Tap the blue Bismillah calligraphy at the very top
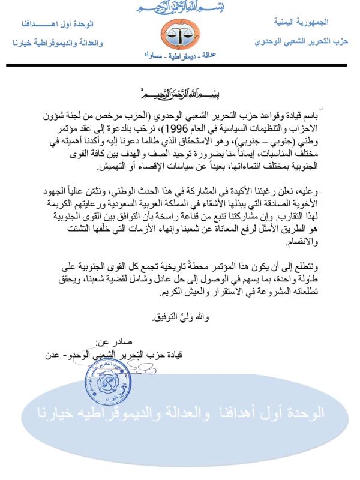pos(179,8)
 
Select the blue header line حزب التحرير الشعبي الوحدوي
pos(298,43)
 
